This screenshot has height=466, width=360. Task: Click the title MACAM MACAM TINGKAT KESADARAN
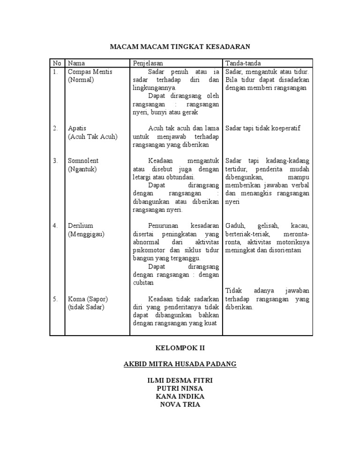[180, 46]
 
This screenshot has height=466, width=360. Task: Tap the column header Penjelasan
[149, 63]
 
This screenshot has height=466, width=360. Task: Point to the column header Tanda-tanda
[243, 63]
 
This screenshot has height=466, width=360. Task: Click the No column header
[57, 63]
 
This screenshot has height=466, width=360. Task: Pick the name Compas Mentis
[90, 72]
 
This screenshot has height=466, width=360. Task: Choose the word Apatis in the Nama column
[77, 128]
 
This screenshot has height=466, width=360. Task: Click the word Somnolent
[83, 161]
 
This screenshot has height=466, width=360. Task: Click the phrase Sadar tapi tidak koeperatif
[262, 128]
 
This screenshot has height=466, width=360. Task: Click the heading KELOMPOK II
[180, 348]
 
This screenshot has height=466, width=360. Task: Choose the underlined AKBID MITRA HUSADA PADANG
[180, 364]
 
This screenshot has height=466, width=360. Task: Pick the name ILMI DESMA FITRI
[180, 380]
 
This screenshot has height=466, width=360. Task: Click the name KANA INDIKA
[180, 396]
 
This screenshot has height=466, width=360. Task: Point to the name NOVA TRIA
[180, 404]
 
